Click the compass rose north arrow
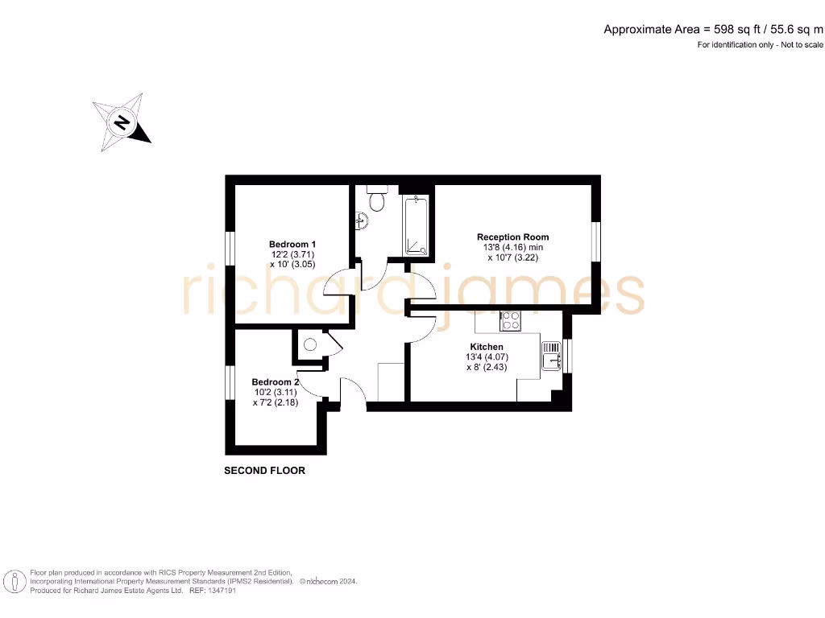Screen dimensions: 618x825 click(122, 123)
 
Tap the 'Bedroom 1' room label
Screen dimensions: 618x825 click(292, 244)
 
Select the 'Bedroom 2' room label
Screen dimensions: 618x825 click(275, 382)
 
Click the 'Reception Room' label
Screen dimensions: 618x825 click(512, 237)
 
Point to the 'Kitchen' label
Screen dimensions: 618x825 click(487, 347)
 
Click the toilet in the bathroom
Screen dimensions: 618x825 click(376, 197)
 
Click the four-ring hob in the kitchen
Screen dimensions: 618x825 click(510, 320)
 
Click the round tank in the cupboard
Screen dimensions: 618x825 click(309, 345)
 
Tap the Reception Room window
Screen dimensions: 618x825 click(596, 241)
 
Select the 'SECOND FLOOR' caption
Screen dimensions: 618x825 click(264, 471)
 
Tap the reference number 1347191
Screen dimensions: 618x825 click(221, 590)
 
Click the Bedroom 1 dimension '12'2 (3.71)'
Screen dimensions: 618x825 click(292, 254)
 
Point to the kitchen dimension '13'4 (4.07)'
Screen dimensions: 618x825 click(487, 357)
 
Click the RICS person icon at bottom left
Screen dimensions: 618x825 click(13, 580)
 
